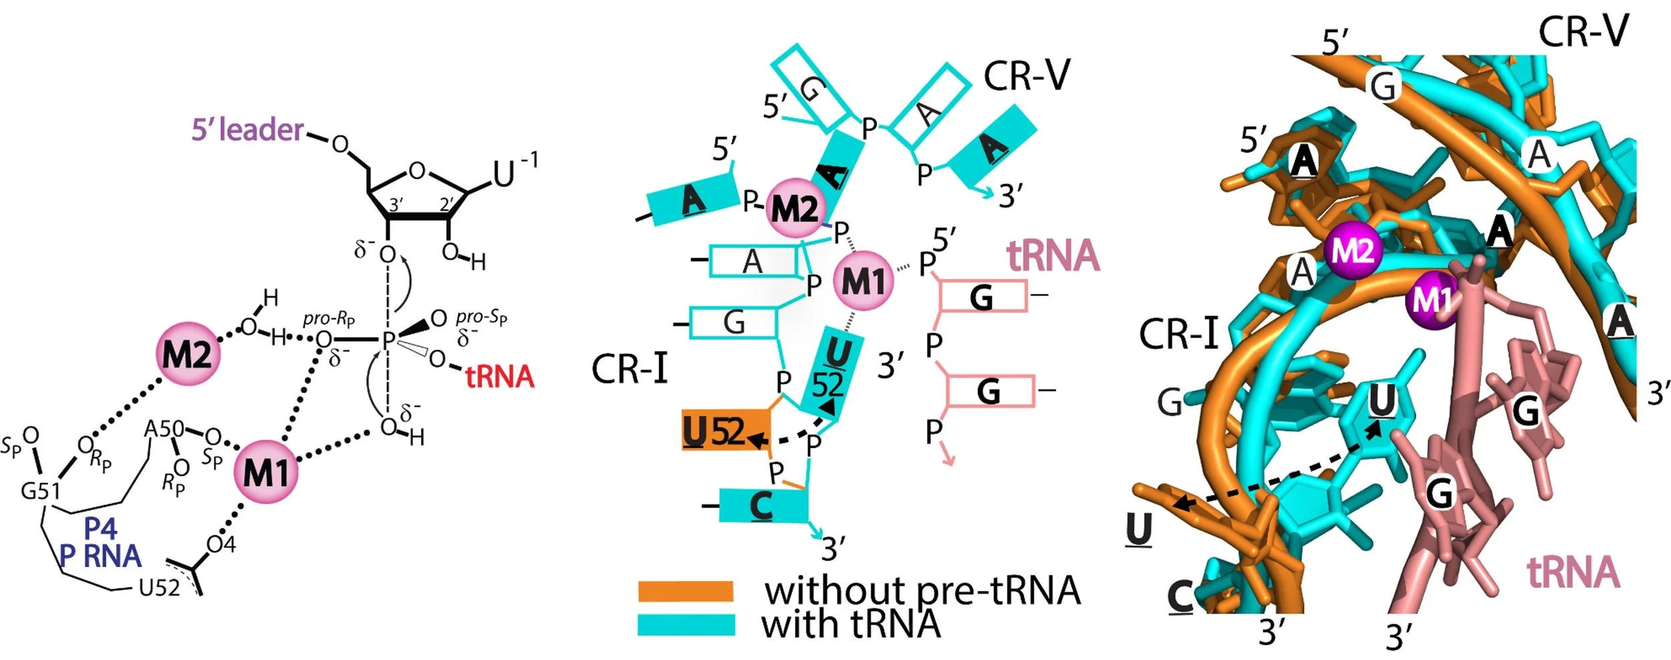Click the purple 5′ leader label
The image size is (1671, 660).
tap(247, 130)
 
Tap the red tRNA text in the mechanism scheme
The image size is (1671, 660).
tap(499, 377)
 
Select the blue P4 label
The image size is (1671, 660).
tap(101, 528)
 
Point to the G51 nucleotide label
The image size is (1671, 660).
tap(40, 491)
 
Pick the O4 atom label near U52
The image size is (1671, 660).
tap(221, 545)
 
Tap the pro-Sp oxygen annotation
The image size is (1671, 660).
tap(481, 318)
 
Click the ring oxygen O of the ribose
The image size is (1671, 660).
tap(416, 172)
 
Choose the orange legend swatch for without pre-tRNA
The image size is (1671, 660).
tap(686, 591)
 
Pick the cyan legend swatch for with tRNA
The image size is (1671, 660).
tap(686, 625)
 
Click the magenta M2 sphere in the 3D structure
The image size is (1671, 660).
tap(1353, 251)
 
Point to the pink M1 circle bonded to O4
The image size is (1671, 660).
tap(266, 472)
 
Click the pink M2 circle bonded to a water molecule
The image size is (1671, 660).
tap(188, 353)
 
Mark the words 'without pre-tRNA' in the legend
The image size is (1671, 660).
tap(922, 591)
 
